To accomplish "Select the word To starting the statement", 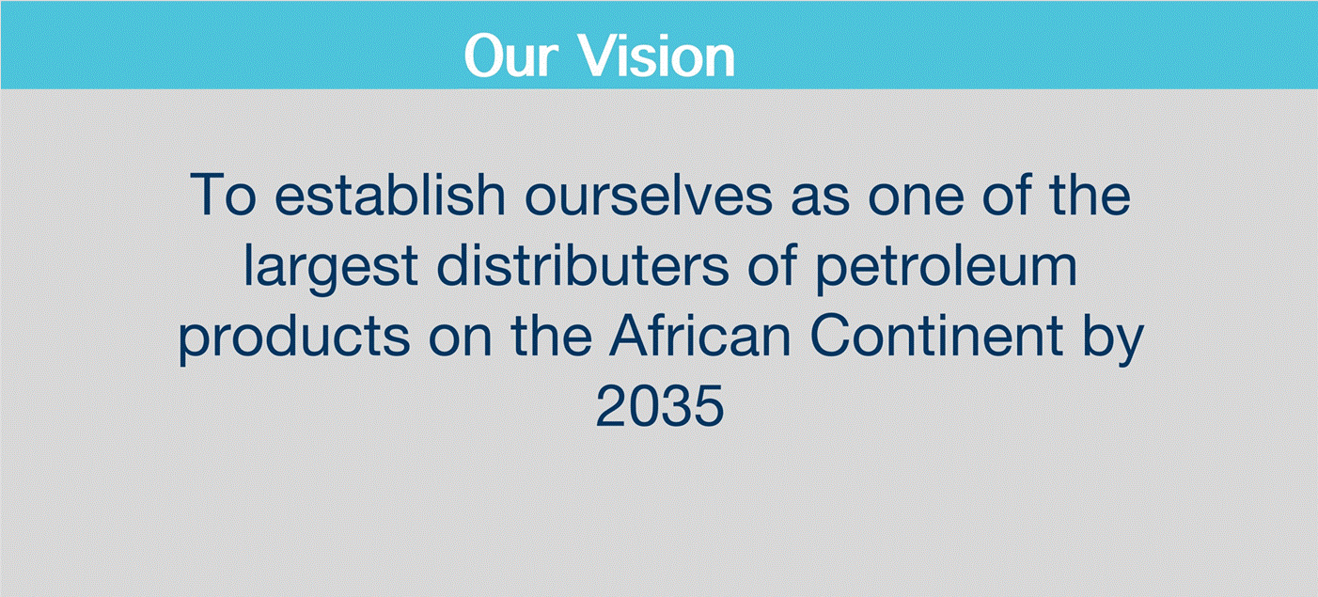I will coord(224,196).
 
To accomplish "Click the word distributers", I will coord(580,267).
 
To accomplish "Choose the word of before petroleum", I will coord(771,267).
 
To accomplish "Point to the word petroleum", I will coord(945,267).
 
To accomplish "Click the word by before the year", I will coord(1115,338).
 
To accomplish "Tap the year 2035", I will coord(659,409).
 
